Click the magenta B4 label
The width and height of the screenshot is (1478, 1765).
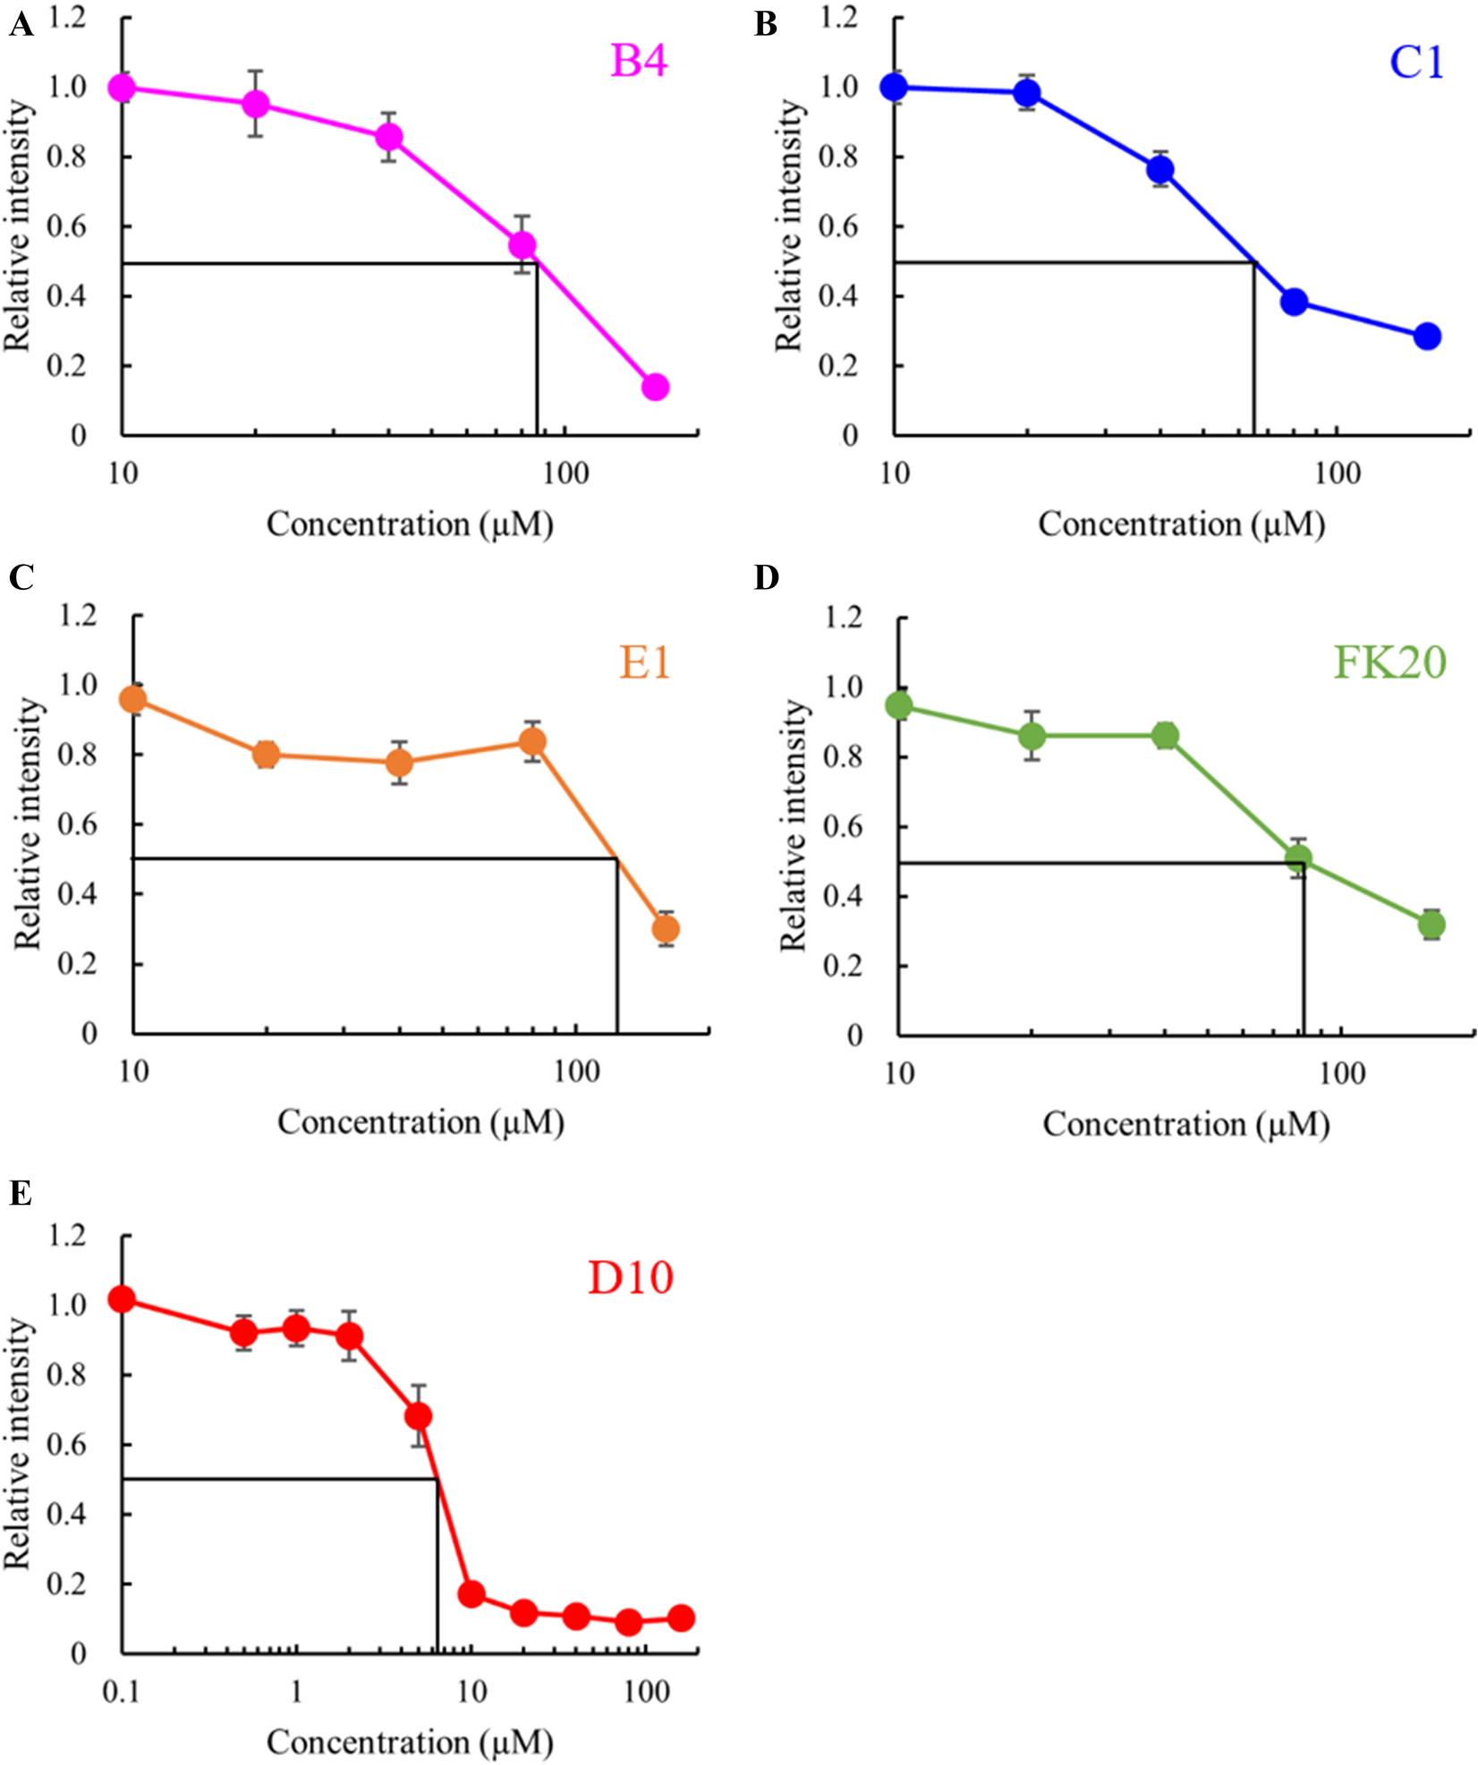tap(638, 62)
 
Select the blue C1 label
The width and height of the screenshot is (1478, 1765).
tap(1416, 63)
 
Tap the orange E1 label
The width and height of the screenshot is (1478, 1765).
tap(644, 663)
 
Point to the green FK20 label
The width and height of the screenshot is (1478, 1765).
tap(1389, 663)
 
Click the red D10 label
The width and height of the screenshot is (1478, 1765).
tap(630, 1278)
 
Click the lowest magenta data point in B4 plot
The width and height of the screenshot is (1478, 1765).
tap(655, 388)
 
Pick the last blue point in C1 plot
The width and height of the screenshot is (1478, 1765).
tap(1427, 337)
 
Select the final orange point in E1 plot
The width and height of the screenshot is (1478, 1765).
tap(666, 929)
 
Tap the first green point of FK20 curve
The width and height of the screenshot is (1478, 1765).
tap(899, 705)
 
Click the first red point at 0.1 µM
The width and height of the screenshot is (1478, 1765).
tap(122, 1299)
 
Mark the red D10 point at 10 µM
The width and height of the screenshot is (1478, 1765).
tap(471, 1594)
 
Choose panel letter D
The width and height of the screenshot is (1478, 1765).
tap(767, 578)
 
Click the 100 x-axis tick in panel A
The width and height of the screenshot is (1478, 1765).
tap(565, 473)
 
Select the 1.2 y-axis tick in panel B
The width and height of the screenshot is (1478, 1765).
tap(838, 17)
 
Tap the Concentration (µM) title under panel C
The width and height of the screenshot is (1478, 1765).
tap(420, 1122)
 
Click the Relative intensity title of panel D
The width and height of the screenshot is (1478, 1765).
tap(793, 824)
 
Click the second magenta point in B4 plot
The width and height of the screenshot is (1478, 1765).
tap(256, 104)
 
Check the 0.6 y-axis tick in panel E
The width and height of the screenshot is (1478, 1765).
tap(69, 1445)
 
